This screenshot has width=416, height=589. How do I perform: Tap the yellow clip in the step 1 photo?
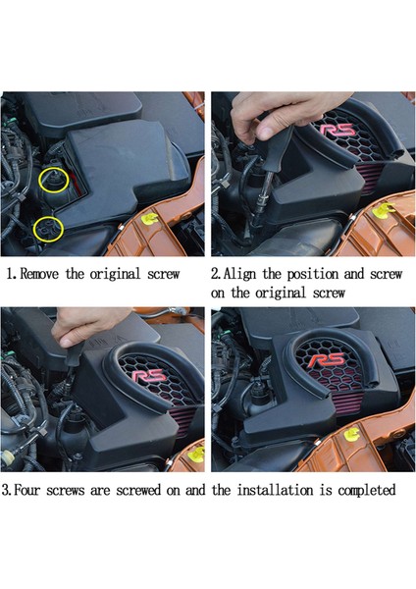(150, 218)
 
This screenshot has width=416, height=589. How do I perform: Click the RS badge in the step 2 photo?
(337, 130)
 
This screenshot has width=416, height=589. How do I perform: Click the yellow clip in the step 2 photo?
(383, 210)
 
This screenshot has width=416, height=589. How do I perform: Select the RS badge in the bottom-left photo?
(149, 376)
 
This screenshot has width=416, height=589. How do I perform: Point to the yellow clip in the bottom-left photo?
(197, 455)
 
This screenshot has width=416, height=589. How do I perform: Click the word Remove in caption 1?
(39, 274)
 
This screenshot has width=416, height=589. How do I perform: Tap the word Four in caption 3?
(26, 490)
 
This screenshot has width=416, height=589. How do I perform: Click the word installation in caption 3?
(275, 490)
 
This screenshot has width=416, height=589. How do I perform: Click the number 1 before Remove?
(10, 274)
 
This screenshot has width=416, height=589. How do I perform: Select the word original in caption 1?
(115, 275)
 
